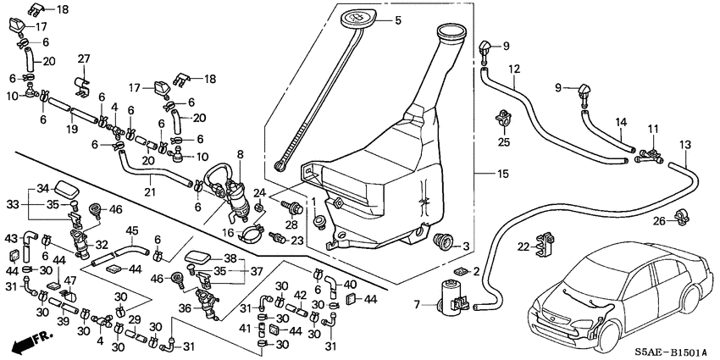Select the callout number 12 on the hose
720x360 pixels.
point(513,69)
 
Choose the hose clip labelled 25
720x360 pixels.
point(505,116)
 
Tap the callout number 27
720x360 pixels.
point(84,58)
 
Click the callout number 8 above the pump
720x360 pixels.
point(240,154)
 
